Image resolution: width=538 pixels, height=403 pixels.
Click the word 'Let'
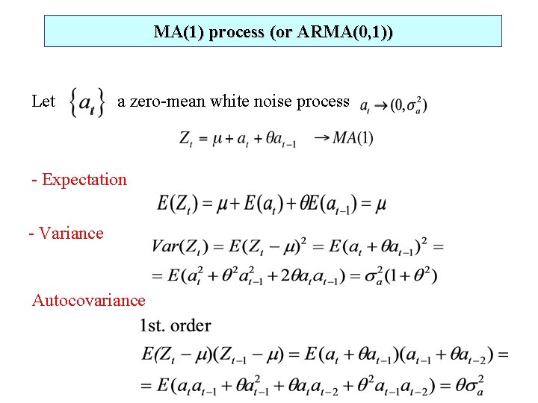43,101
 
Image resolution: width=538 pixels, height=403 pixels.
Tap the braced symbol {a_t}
87,102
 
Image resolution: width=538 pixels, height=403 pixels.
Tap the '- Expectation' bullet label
79,179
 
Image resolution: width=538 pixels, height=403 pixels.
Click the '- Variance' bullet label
66,233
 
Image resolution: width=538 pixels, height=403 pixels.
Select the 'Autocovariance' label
88,300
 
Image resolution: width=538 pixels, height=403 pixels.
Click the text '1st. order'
175,325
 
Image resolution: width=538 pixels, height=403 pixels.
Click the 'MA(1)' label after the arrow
353,137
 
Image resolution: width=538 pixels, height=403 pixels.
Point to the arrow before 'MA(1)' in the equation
322,137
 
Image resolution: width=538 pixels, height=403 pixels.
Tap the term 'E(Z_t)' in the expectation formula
176,204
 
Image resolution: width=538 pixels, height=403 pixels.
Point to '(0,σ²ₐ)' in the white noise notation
409,105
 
